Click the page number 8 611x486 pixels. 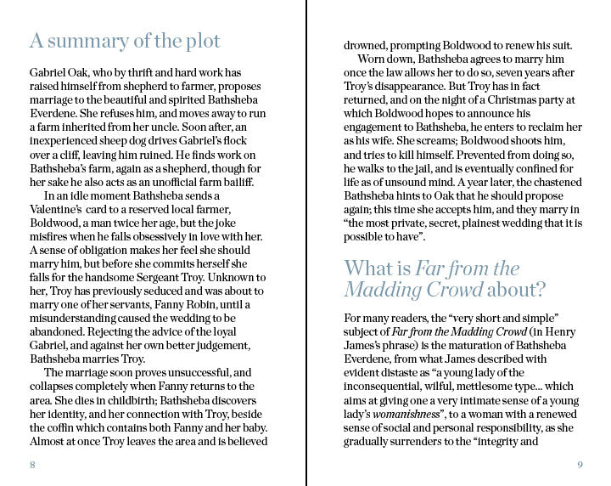32,465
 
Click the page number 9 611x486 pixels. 580,465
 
